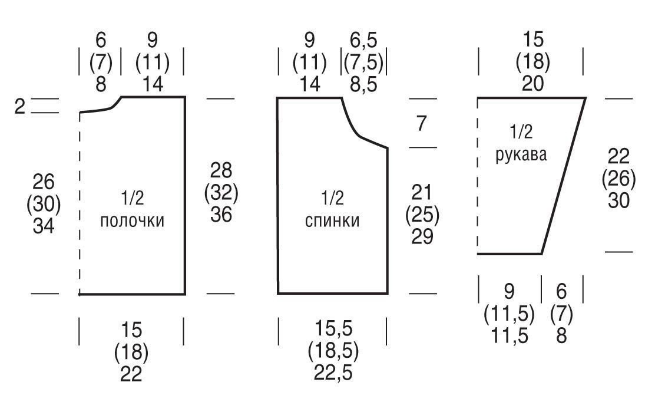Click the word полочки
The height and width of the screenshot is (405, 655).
[132, 220]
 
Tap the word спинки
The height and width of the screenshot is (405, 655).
[332, 220]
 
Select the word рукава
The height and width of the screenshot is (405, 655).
[521, 155]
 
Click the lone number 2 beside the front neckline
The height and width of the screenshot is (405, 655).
[19, 106]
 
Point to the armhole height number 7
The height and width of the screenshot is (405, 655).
[422, 124]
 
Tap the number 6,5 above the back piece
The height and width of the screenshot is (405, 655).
[363, 40]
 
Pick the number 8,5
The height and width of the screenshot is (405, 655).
[363, 84]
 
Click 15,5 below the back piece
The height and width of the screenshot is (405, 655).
[333, 328]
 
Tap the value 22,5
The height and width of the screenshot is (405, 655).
[333, 373]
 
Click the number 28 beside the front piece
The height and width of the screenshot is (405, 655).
[221, 170]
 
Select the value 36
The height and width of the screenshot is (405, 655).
[221, 215]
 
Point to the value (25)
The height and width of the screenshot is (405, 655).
[422, 215]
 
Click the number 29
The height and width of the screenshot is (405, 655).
[422, 236]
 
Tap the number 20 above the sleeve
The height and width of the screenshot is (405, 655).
[533, 84]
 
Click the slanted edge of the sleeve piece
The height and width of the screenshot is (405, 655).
[564, 176]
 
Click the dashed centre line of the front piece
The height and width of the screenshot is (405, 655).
[80, 203]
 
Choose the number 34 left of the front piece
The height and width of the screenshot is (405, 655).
[44, 226]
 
